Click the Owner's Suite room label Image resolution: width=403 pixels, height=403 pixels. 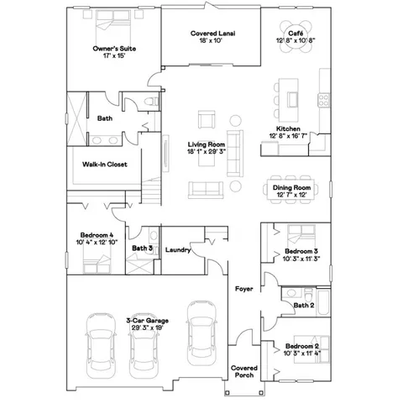pyautogui.click(x=115, y=49)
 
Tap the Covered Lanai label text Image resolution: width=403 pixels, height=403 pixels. pyautogui.click(x=210, y=33)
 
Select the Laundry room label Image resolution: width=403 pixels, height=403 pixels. pyautogui.click(x=177, y=249)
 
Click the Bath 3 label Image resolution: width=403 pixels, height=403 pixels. pyautogui.click(x=142, y=248)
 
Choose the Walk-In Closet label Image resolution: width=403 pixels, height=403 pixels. pyautogui.click(x=105, y=165)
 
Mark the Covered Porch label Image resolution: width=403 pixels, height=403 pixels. pyautogui.click(x=243, y=372)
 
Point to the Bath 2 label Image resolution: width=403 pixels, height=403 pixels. pyautogui.click(x=304, y=306)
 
